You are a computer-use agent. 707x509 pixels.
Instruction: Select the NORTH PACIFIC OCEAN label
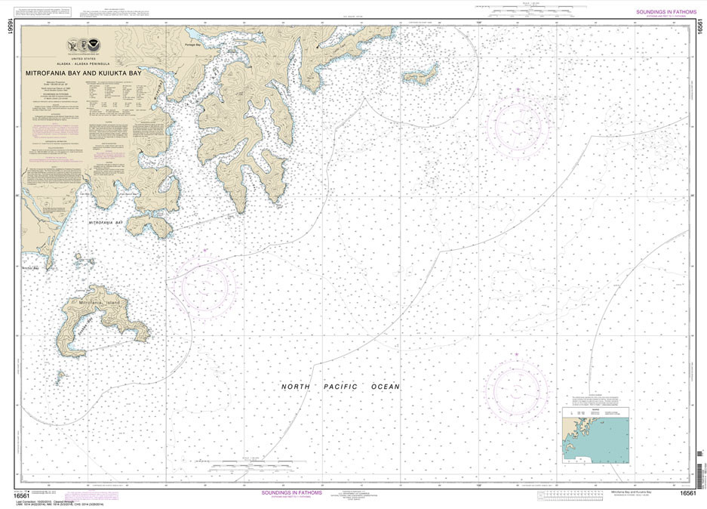coord(340,387)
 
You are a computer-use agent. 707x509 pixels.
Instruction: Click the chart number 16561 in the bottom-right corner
coord(687,493)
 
